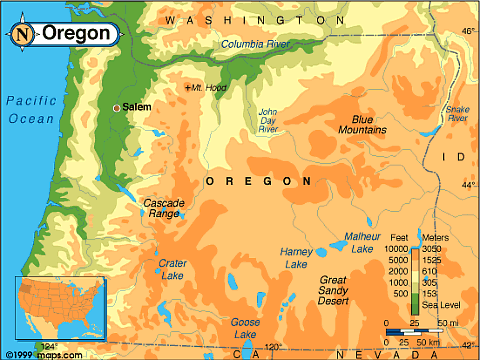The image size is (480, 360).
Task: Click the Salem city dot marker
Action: point(117,107)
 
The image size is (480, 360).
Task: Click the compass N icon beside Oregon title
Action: point(23,32)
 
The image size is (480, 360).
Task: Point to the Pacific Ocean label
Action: point(30,109)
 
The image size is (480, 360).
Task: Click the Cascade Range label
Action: point(164,208)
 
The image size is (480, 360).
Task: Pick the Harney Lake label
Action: point(296,258)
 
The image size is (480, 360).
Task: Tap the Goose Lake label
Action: point(245,327)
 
